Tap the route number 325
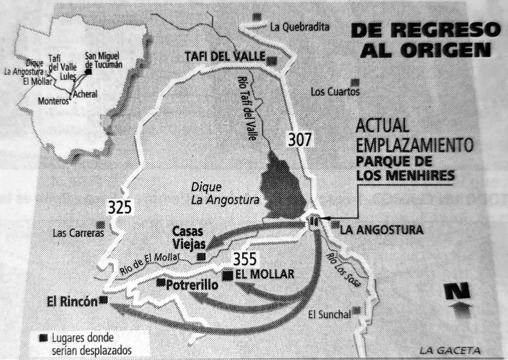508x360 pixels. click(120, 207)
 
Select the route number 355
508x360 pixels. click(245, 258)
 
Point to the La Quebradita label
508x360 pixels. click(300, 27)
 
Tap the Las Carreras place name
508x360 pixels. click(78, 233)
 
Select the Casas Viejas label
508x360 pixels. click(188, 237)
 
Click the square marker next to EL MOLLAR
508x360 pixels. click(228, 275)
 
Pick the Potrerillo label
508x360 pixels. click(192, 285)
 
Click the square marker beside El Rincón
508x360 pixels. click(103, 299)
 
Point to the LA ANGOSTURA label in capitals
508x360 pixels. click(381, 230)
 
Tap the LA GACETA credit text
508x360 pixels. click(450, 350)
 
